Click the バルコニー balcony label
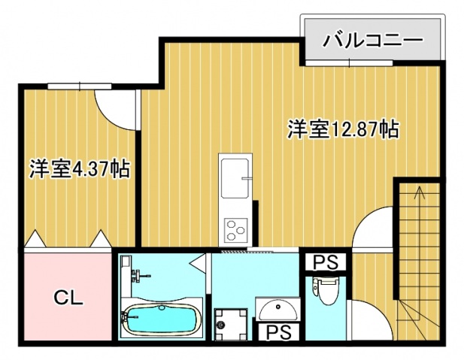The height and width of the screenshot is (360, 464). tap(372, 40)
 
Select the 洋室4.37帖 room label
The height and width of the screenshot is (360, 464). tap(80, 168)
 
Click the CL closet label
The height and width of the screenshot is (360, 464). tap(68, 297)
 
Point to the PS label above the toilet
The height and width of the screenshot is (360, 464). tap(325, 262)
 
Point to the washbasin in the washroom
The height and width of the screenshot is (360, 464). tap(277, 308)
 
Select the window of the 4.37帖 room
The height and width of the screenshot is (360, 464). tap(70, 86)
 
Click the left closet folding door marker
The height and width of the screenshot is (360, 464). tap(35, 240)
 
